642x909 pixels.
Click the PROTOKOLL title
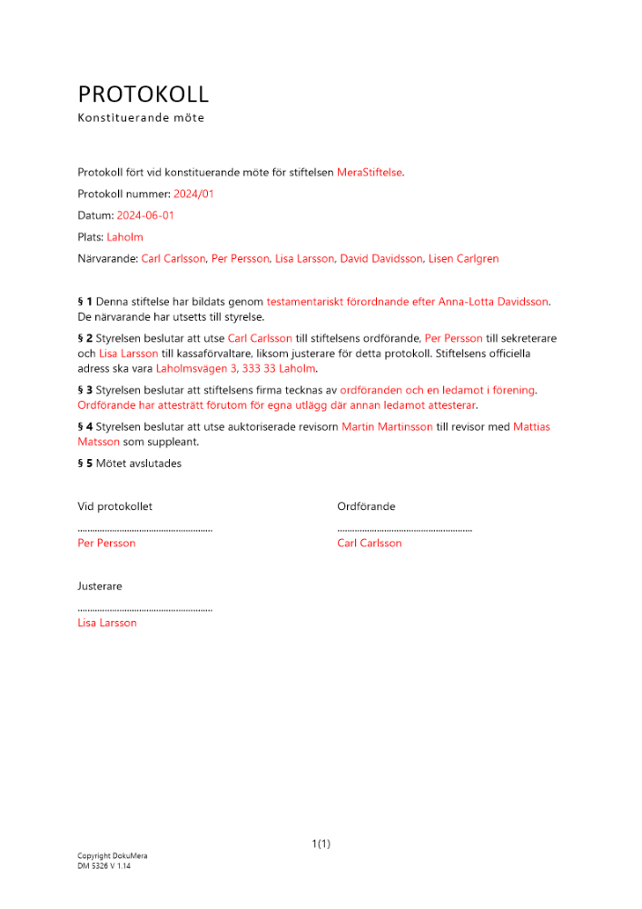pyautogui.click(x=143, y=95)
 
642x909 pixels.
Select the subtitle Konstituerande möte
pyautogui.click(x=141, y=118)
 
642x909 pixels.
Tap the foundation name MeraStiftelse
pyautogui.click(x=370, y=172)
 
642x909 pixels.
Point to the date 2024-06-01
pyautogui.click(x=145, y=215)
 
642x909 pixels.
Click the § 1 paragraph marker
pyautogui.click(x=84, y=301)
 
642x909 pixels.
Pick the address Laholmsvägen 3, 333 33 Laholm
pyautogui.click(x=236, y=369)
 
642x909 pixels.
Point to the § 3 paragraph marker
pyautogui.click(x=84, y=390)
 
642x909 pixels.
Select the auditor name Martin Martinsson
pyautogui.click(x=387, y=426)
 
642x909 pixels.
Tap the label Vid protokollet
pyautogui.click(x=114, y=507)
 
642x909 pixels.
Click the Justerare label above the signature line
pyautogui.click(x=100, y=587)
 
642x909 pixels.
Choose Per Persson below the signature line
pyautogui.click(x=106, y=544)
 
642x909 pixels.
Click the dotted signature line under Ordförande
pyautogui.click(x=404, y=528)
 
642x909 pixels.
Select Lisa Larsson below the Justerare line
pyautogui.click(x=107, y=624)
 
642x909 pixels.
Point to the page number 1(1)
pyautogui.click(x=321, y=844)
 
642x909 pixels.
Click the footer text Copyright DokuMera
pyautogui.click(x=112, y=856)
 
